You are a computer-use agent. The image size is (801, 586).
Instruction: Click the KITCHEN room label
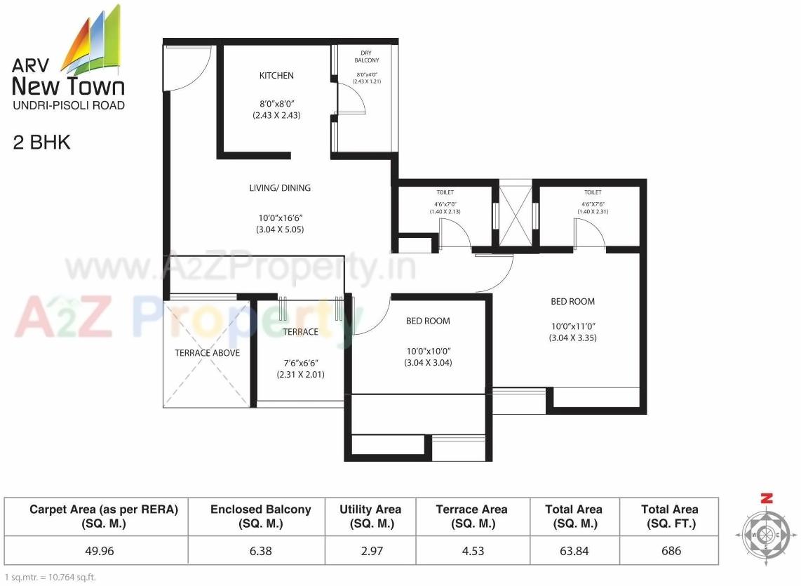[276, 76]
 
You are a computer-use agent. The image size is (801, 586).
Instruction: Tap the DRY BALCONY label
[366, 57]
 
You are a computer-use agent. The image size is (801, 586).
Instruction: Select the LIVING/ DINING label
[280, 188]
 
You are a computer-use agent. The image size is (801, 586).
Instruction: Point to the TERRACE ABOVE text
[207, 353]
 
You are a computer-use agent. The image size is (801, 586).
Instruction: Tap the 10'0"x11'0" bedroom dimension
[572, 326]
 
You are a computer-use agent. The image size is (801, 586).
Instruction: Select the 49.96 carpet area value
[99, 551]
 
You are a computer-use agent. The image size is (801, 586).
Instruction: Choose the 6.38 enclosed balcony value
[260, 551]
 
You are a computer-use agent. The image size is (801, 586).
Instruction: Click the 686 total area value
[671, 551]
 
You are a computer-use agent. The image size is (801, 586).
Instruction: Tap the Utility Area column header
[370, 516]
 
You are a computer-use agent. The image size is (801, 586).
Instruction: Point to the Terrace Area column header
[471, 516]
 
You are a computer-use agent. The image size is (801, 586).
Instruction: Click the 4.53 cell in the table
[471, 551]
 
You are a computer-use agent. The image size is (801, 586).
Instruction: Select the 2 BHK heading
[42, 143]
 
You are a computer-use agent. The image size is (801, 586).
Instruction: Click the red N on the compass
[767, 499]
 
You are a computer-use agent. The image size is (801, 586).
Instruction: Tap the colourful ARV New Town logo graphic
[93, 41]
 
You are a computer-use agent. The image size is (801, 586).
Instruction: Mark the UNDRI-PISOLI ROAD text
[68, 106]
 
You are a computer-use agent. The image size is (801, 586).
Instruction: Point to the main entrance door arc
[188, 69]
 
